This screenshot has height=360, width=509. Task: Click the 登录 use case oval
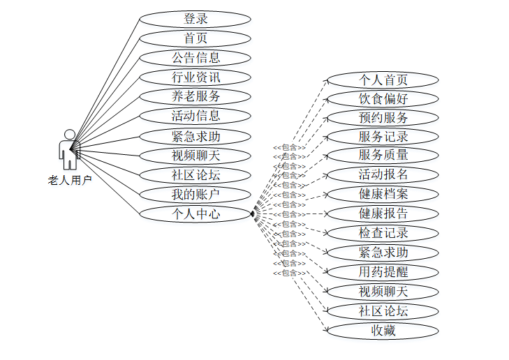tap(195, 19)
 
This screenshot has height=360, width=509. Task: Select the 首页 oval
tap(195, 38)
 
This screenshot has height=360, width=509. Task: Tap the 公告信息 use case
tap(195, 57)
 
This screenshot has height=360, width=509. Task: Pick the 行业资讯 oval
tap(195, 77)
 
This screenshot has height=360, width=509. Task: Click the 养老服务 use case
tap(195, 96)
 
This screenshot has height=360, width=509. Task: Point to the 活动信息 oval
tap(195, 116)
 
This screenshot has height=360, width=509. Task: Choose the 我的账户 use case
tap(195, 194)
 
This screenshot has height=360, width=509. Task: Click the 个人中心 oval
tap(195, 213)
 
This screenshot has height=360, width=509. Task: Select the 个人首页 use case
tap(383, 80)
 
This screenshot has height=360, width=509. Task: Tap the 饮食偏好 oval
tap(383, 98)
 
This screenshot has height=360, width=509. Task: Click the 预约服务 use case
tap(383, 117)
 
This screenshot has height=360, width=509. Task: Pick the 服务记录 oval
tap(383, 136)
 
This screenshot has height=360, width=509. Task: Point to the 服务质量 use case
tap(383, 155)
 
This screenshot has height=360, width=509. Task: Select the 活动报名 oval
tap(383, 174)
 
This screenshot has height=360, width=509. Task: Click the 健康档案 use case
tap(383, 194)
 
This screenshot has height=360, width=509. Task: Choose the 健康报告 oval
tap(383, 213)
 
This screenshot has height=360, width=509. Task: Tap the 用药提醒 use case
tap(383, 272)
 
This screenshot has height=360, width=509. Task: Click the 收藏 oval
tap(383, 331)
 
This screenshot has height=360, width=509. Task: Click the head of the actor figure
tap(69, 134)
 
